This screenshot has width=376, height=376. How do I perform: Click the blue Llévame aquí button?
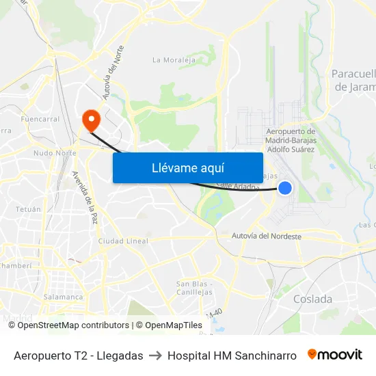coord(187,167)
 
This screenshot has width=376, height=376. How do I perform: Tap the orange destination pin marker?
coord(90,120)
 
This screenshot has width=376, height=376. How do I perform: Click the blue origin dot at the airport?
coord(285,187)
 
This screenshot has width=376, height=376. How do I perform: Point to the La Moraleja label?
coord(174,60)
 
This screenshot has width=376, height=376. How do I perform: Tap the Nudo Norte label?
coord(55,153)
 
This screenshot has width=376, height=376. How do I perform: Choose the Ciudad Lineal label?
coord(123,241)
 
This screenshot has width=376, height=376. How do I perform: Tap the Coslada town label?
coord(312,299)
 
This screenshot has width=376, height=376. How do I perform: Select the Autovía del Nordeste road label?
coord(267,237)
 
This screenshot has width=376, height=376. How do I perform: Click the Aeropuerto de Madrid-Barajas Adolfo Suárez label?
coord(289,140)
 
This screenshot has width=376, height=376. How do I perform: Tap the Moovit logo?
coord(334,355)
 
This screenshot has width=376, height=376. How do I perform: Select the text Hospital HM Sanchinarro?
coord(232,355)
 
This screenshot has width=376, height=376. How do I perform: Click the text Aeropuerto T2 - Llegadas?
coord(78,355)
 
